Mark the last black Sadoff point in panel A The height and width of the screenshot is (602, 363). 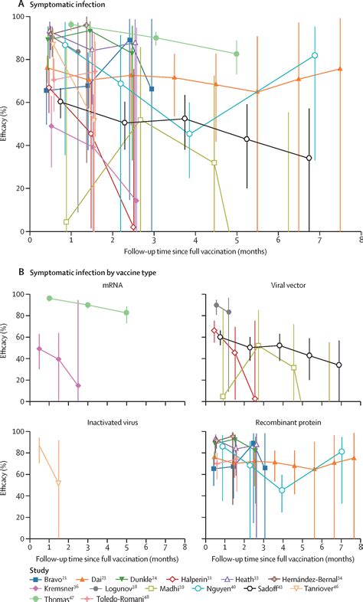309,158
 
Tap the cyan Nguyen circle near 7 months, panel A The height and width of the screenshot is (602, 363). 315,55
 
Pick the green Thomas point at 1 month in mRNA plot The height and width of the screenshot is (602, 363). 50,298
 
